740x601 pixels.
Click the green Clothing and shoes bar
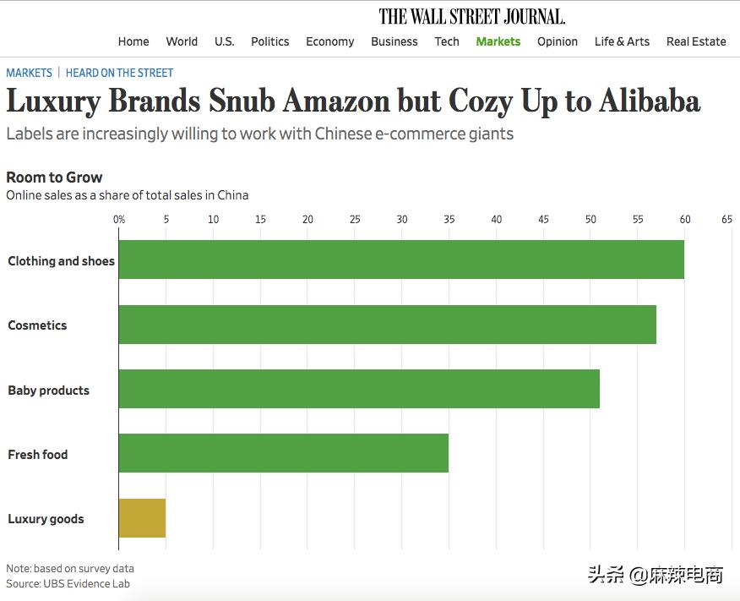(401, 260)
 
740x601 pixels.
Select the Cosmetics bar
(387, 325)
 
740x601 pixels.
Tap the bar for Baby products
(359, 389)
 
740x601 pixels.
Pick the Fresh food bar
(283, 453)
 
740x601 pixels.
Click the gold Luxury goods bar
(142, 518)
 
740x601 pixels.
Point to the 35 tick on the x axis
(449, 220)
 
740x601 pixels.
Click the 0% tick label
(119, 220)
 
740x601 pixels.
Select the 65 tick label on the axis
(726, 220)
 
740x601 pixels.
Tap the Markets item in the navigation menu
(498, 41)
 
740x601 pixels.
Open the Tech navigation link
(447, 41)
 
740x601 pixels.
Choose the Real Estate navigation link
(696, 41)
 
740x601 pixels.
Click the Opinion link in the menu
(558, 41)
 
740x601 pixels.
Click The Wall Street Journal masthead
(472, 16)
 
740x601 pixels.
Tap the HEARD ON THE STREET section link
(119, 74)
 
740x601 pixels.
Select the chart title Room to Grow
(54, 178)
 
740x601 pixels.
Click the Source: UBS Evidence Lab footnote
(68, 583)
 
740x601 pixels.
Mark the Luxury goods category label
(46, 519)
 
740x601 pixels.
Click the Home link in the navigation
(133, 41)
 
